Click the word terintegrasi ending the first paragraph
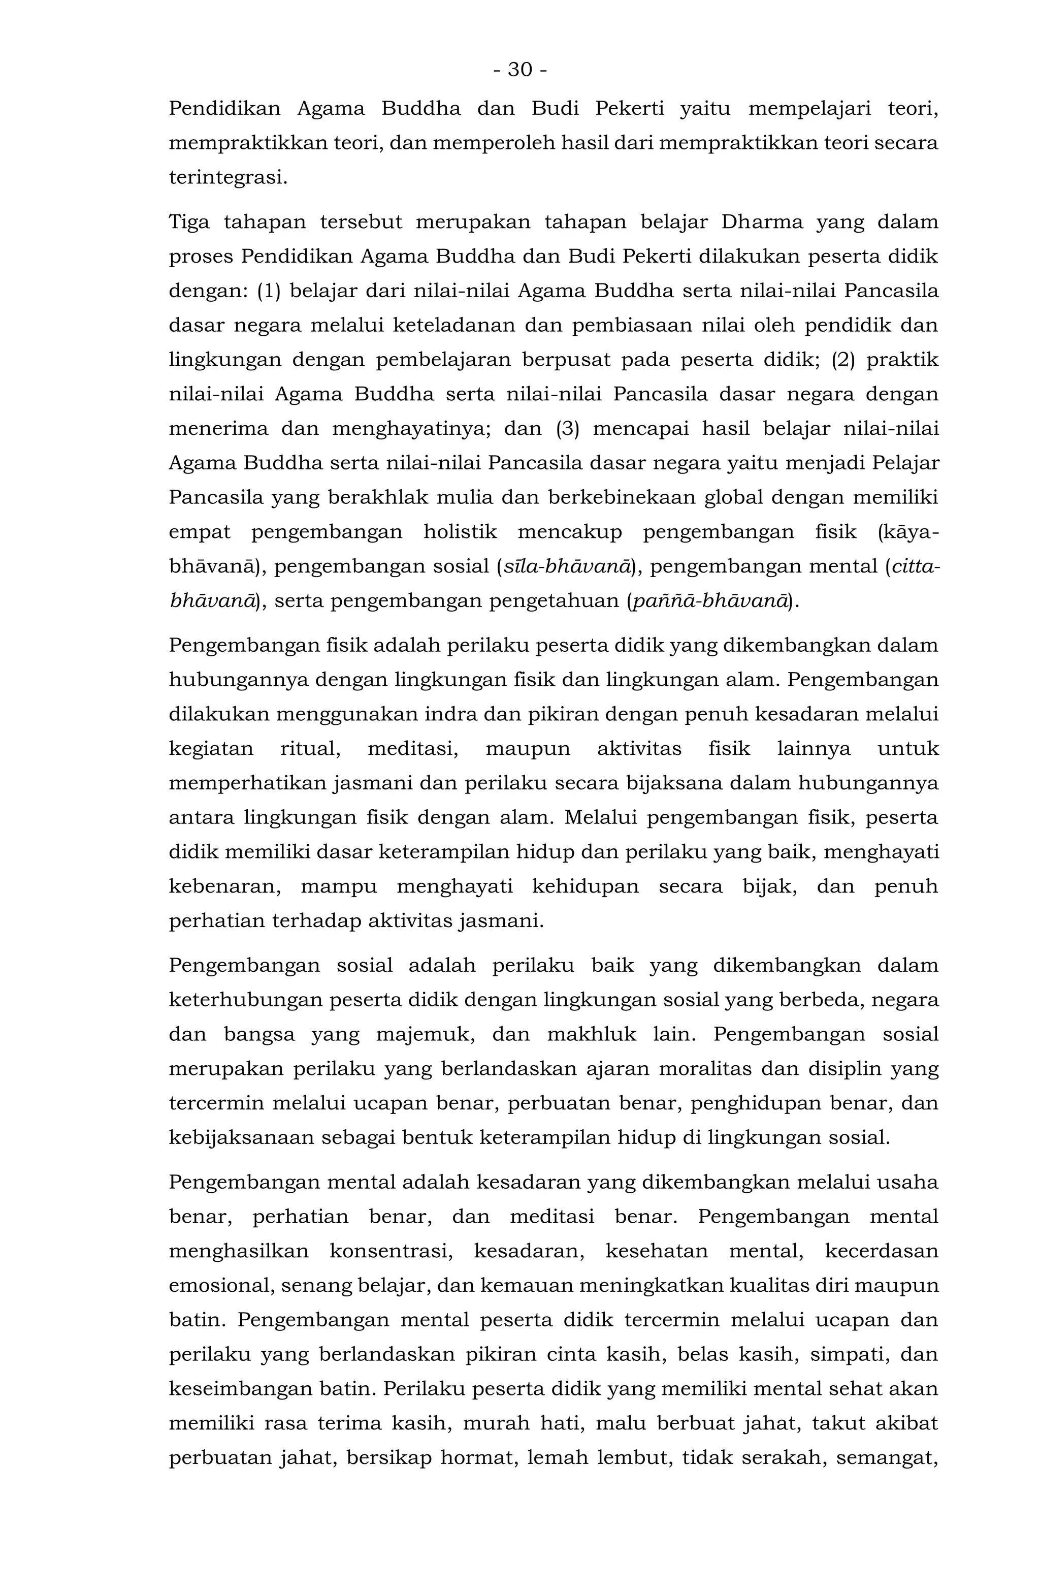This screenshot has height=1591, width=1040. pos(227,178)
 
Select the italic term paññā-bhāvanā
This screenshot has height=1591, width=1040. pos(710,601)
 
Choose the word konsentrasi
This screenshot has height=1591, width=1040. pos(391,1251)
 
